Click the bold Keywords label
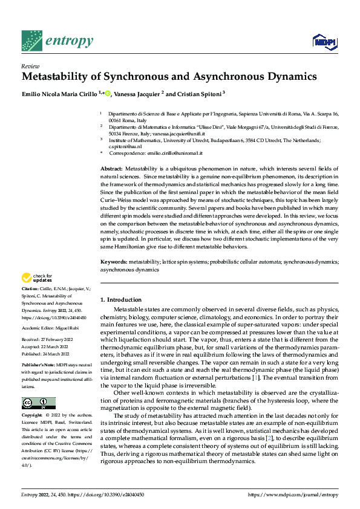pos(113,262)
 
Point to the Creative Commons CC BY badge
pos(38,403)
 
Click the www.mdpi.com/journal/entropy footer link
pos(293,494)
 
